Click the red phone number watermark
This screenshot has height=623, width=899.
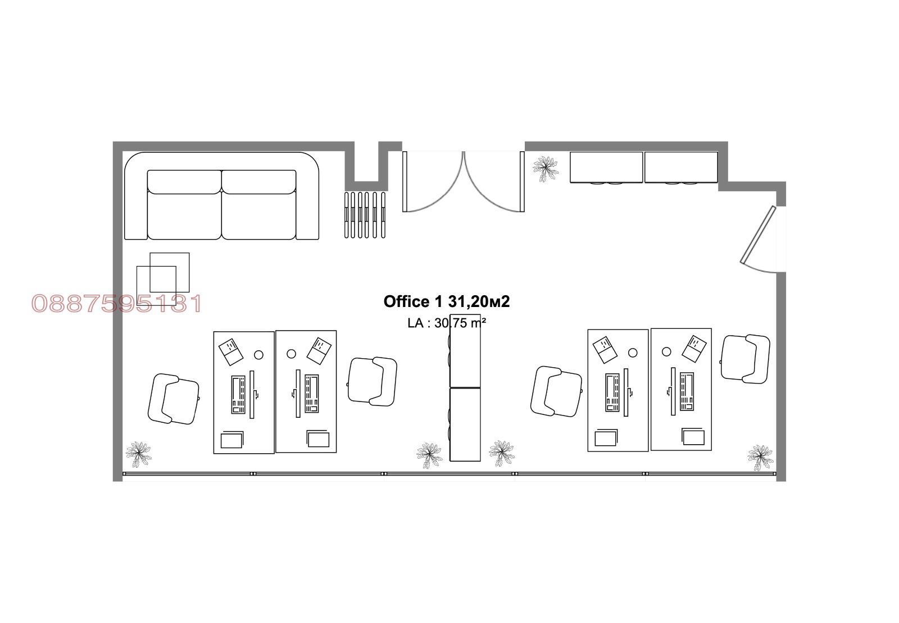tap(116, 304)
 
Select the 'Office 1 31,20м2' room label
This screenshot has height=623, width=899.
tap(446, 301)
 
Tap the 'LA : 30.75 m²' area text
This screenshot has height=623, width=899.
tap(447, 323)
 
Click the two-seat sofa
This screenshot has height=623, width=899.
tap(221, 196)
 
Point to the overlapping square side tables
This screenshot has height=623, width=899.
tap(162, 279)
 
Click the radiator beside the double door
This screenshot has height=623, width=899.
tap(365, 215)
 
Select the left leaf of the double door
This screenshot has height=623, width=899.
tap(433, 182)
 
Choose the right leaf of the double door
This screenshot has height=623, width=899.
tap(494, 182)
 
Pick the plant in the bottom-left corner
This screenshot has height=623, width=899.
tap(138, 454)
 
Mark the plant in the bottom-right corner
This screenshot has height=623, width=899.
tap(760, 457)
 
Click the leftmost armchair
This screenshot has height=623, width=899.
tap(174, 399)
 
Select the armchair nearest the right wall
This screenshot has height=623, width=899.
tap(745, 359)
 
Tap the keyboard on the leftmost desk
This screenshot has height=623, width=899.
tap(238, 395)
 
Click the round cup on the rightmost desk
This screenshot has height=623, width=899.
tap(666, 352)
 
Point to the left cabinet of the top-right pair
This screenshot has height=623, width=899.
tap(606, 168)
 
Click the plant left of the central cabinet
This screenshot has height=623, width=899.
tap(429, 455)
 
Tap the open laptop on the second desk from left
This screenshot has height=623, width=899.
tap(319, 351)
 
